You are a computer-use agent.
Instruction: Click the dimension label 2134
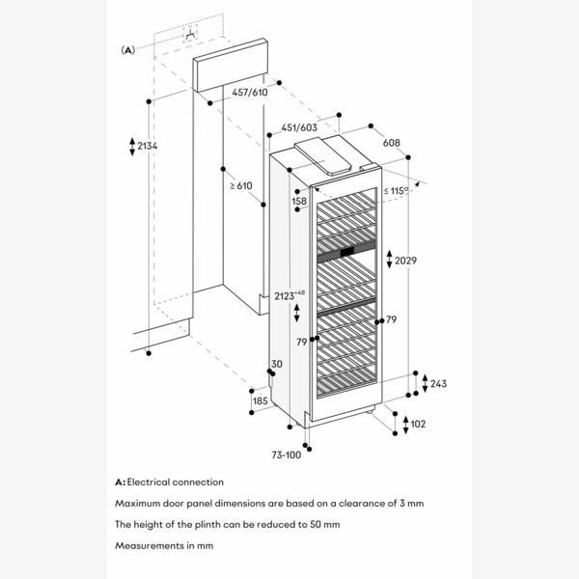(x=148, y=146)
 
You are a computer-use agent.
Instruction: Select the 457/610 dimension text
(x=249, y=93)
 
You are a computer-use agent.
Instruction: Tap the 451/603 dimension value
(x=299, y=127)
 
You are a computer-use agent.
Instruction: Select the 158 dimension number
(x=299, y=201)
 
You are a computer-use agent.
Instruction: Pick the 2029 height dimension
(x=406, y=259)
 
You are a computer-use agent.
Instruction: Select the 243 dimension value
(x=437, y=383)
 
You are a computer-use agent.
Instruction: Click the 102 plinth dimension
(x=418, y=424)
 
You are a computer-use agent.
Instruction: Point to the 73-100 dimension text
(x=286, y=455)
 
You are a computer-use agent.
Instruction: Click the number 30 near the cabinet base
(x=277, y=364)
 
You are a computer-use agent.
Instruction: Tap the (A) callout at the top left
(x=127, y=48)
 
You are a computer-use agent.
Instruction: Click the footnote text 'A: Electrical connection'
(x=169, y=482)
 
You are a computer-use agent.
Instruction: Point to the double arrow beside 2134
(x=132, y=147)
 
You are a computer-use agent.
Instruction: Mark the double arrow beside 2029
(x=389, y=259)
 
